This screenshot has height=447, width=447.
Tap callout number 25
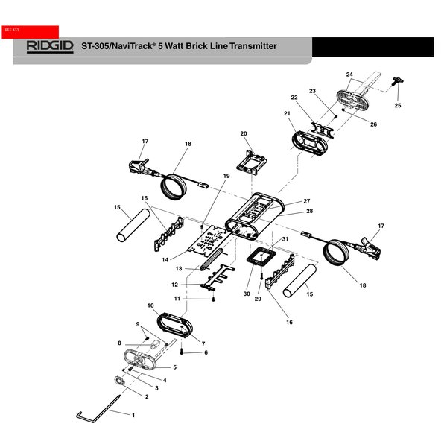point(398,106)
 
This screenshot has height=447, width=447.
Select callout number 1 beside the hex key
point(133,413)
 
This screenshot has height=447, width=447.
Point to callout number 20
point(243,134)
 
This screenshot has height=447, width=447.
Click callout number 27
point(306,201)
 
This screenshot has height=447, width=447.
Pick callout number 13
point(179,268)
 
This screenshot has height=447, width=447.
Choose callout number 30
point(246,294)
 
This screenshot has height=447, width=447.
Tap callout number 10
point(150,306)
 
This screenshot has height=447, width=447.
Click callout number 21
point(287,113)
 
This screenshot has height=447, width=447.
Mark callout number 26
point(373,124)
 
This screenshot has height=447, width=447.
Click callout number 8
point(118,343)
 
